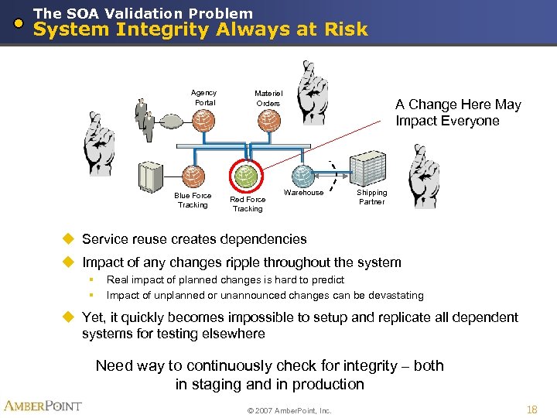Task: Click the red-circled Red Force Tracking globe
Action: [246, 176]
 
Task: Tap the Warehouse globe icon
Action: [304, 176]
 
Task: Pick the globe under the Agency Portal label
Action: [203, 121]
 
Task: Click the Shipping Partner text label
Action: [371, 197]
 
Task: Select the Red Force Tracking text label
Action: [248, 204]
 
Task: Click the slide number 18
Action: [531, 409]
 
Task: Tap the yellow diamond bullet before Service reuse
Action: [70, 239]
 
